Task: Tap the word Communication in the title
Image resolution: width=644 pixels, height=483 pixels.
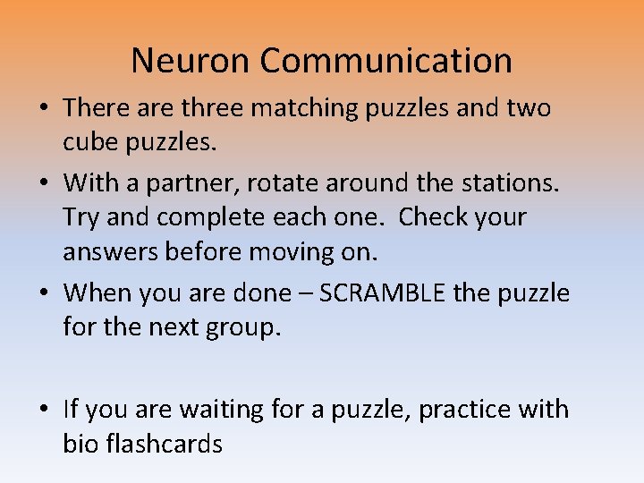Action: pyautogui.click(x=386, y=61)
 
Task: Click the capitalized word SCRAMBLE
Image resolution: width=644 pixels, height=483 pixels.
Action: pyautogui.click(x=393, y=293)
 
